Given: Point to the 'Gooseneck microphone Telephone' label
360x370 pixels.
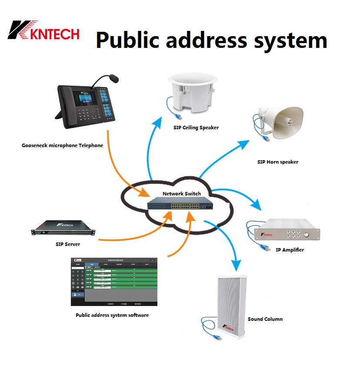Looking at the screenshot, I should point(62,145).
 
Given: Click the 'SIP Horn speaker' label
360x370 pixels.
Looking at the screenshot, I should point(277,162).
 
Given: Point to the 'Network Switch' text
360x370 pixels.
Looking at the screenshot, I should point(182,193).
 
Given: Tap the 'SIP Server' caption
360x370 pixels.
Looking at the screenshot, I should point(68,245).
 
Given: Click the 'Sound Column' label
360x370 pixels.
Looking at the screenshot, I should point(265,319).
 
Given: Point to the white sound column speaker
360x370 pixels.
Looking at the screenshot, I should point(231,307).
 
